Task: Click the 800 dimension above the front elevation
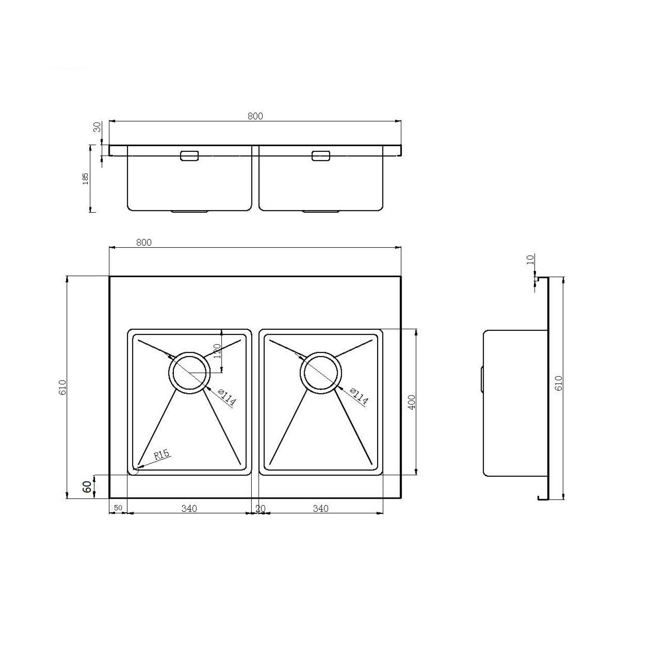click(x=255, y=116)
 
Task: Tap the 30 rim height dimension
click(x=97, y=127)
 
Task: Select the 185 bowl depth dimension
click(x=85, y=178)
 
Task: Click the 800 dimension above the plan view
click(x=144, y=242)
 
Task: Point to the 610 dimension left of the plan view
click(x=62, y=387)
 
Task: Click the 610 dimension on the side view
click(x=559, y=383)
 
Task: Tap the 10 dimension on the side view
click(x=531, y=260)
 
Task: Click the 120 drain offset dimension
click(x=217, y=351)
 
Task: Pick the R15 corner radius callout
click(x=162, y=454)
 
